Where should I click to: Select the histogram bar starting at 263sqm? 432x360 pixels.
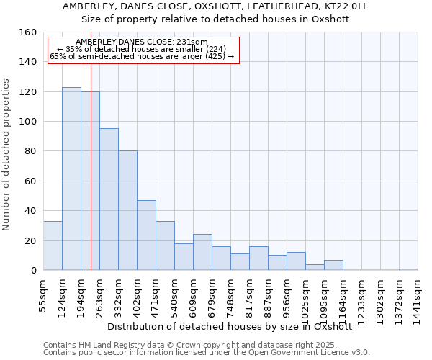[109, 199]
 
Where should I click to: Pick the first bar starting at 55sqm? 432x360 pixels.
[53, 246]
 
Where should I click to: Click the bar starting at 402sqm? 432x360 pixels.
[146, 235]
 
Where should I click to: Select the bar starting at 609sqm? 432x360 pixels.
[202, 252]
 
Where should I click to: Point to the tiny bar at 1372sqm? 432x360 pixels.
[408, 269]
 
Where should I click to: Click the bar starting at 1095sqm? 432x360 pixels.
[333, 265]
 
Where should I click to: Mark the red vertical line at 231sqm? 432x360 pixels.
[91, 180]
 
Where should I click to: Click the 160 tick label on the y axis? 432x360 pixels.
[27, 32]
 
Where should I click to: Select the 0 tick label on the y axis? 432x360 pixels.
[33, 271]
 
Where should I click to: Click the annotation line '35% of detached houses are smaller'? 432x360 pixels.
[141, 49]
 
